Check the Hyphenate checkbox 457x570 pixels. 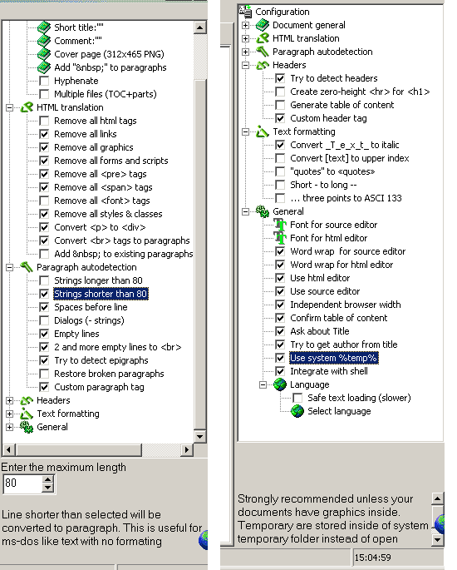(x=44, y=81)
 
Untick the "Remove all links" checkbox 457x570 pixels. (x=44, y=134)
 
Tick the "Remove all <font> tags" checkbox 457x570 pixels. (x=44, y=201)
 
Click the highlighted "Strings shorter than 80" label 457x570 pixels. (x=101, y=294)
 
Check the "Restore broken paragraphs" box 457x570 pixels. (x=44, y=374)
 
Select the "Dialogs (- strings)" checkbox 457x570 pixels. (x=44, y=320)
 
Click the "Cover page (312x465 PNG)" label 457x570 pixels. (x=109, y=54)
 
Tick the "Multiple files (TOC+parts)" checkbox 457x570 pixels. (x=44, y=94)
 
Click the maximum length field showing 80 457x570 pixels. (x=22, y=483)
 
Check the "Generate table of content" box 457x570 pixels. (x=280, y=105)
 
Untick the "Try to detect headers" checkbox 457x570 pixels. (x=280, y=78)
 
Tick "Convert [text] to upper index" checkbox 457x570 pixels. (x=280, y=158)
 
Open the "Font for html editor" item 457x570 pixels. (x=328, y=238)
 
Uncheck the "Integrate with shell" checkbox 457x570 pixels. (x=280, y=371)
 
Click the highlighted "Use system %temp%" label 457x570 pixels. (x=333, y=358)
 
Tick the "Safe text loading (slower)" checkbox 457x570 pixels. (x=297, y=398)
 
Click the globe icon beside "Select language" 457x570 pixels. (x=297, y=411)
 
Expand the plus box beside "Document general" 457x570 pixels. (x=245, y=25)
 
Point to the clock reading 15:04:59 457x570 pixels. (x=372, y=558)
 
